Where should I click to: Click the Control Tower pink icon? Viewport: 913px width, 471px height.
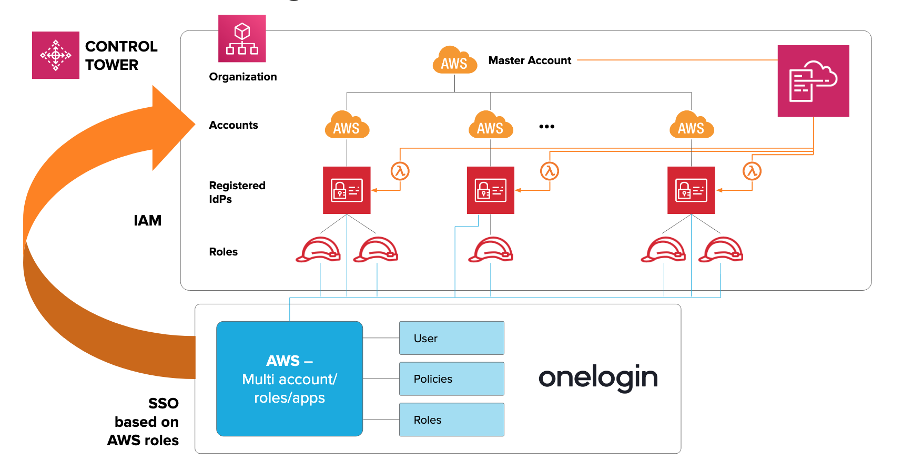point(55,55)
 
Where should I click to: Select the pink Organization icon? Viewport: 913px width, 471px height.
point(242,38)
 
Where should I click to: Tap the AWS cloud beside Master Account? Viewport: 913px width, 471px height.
point(454,61)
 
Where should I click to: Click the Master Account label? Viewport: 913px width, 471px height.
point(530,60)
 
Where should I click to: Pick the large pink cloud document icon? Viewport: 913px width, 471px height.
point(813,81)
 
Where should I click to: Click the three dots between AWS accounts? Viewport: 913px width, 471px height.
point(546,127)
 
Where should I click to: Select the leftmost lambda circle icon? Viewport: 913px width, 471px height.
point(400,171)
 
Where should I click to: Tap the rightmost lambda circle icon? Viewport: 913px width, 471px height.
point(752,171)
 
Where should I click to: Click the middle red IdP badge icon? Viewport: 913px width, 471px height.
point(490,190)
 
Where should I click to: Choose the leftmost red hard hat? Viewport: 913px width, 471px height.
point(318,250)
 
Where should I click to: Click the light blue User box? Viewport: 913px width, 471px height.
point(451,338)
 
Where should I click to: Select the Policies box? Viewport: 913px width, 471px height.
point(451,378)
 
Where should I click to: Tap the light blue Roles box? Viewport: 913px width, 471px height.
point(451,419)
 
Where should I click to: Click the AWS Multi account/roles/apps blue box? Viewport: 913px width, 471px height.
point(289,378)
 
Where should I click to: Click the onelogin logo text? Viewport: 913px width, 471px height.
point(598,377)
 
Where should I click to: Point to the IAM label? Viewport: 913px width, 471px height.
point(147,220)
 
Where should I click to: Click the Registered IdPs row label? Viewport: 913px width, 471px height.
point(237,192)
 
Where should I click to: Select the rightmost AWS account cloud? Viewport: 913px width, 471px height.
point(691,126)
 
